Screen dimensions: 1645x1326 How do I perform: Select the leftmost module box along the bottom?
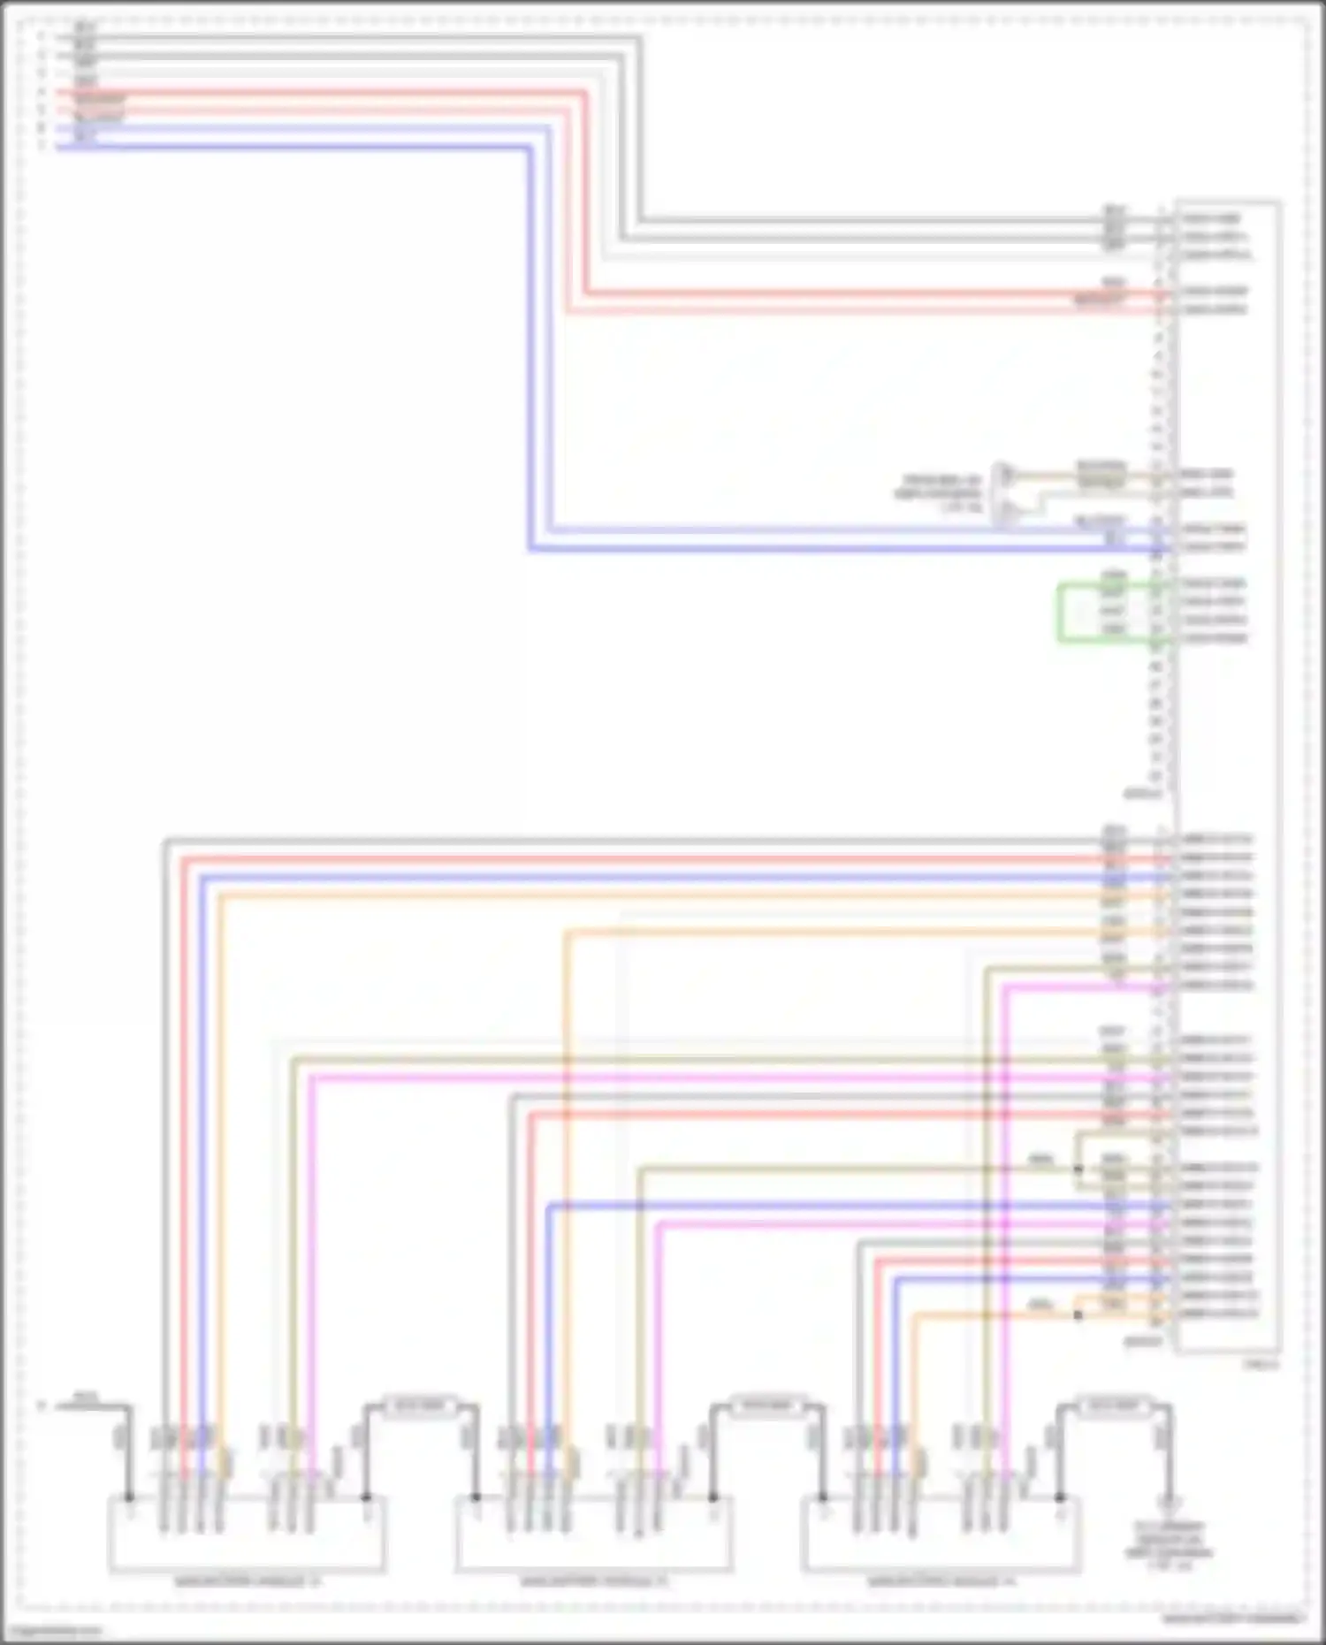[x=246, y=1535]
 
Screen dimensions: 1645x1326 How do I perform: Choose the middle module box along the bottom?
[x=593, y=1535]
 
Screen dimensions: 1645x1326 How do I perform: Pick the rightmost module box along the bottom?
[x=940, y=1535]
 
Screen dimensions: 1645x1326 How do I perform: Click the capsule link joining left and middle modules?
[x=420, y=1405]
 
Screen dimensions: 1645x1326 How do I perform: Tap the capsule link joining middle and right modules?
[x=766, y=1405]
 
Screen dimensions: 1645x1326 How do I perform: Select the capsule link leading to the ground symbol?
[x=1113, y=1405]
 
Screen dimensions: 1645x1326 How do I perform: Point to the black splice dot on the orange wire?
[x=1078, y=1315]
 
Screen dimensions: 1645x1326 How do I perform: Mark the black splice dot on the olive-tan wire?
[x=1078, y=1169]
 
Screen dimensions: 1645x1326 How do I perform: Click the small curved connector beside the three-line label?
[x=1004, y=494]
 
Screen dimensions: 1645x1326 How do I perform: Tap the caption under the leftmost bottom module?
[x=247, y=1581]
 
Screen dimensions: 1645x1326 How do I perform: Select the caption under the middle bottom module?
[x=593, y=1581]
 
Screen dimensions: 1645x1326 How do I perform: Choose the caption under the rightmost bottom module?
[x=941, y=1581]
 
